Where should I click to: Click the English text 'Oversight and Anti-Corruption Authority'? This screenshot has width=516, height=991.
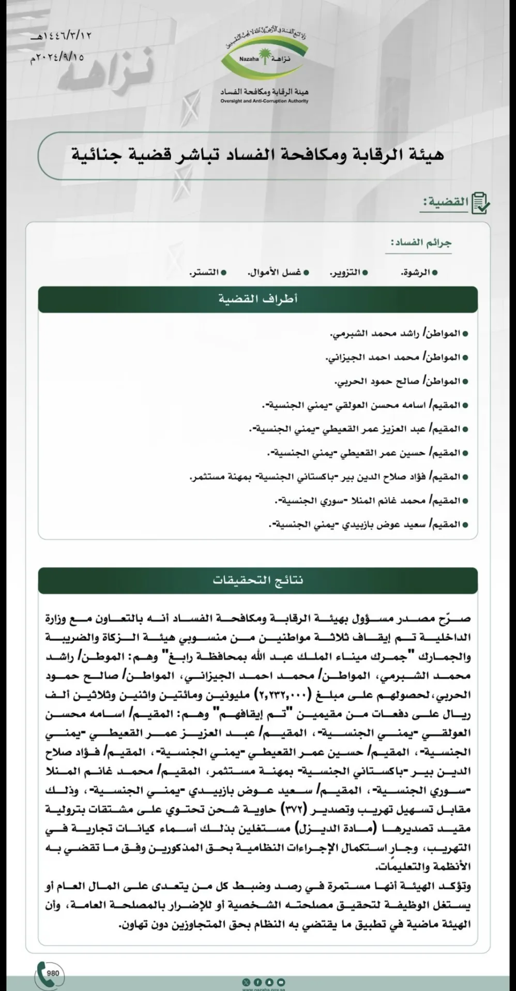click(264, 101)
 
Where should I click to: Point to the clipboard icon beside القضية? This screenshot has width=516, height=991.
click(480, 202)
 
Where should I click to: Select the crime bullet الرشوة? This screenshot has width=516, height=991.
click(419, 272)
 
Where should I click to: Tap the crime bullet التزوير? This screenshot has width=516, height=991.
click(348, 272)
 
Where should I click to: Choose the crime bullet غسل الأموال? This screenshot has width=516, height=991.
click(278, 272)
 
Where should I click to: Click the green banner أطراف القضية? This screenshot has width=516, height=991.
click(257, 299)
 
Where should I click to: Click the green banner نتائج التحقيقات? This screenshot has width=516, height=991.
click(257, 580)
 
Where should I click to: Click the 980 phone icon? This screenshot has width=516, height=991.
click(48, 974)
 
